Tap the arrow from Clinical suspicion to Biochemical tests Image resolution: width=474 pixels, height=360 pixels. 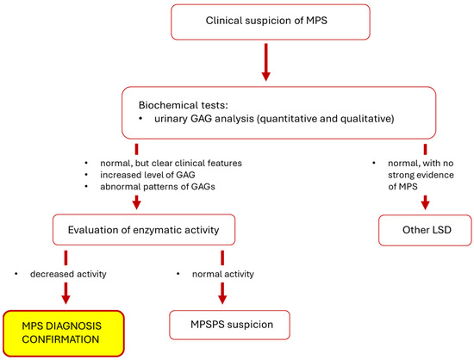coord(265,65)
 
